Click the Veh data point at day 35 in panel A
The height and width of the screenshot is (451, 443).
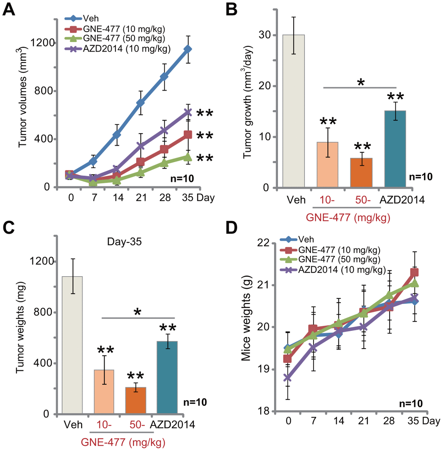pyautogui.click(x=188, y=49)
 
